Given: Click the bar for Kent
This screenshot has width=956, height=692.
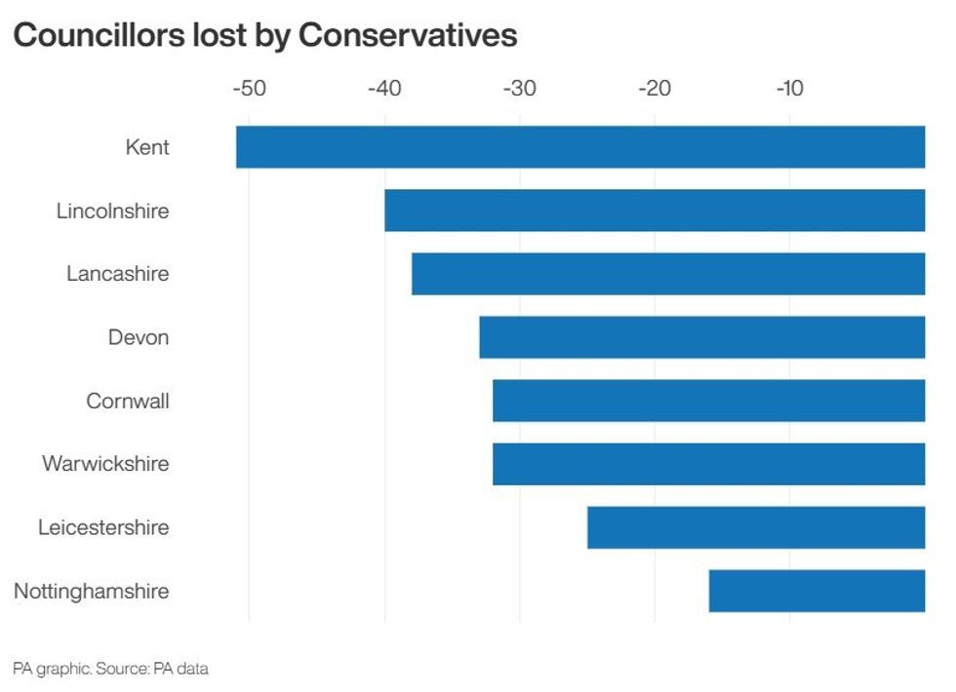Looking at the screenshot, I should point(580,147).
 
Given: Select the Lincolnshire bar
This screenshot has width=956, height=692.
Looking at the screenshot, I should point(655,211).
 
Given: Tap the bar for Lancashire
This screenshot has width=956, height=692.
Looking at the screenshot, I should point(668,274).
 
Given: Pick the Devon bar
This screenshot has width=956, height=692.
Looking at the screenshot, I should point(702,337).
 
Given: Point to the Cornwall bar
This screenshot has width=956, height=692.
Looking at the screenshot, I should point(709,401).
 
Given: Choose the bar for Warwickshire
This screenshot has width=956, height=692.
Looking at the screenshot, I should point(709,464).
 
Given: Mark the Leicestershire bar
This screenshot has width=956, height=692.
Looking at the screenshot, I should point(756,527).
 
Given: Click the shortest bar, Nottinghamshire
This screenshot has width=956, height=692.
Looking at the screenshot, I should point(817,591).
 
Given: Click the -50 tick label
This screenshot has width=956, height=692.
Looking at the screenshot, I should point(250,90).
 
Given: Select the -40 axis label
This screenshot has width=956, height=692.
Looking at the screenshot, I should point(384,90).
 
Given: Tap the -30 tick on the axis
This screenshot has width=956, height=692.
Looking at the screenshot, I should point(519,90).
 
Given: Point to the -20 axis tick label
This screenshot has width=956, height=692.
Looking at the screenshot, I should point(655,90).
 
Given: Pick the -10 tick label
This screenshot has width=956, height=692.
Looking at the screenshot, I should point(789,90).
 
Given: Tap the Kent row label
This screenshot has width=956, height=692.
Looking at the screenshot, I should point(147,147).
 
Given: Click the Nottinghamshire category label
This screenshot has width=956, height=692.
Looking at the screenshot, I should point(92,591).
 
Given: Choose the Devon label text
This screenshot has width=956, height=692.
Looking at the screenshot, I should point(139,337).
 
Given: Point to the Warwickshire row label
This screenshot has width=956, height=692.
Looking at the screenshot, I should point(105,464).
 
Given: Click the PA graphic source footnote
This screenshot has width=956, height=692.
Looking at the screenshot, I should point(110,669).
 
